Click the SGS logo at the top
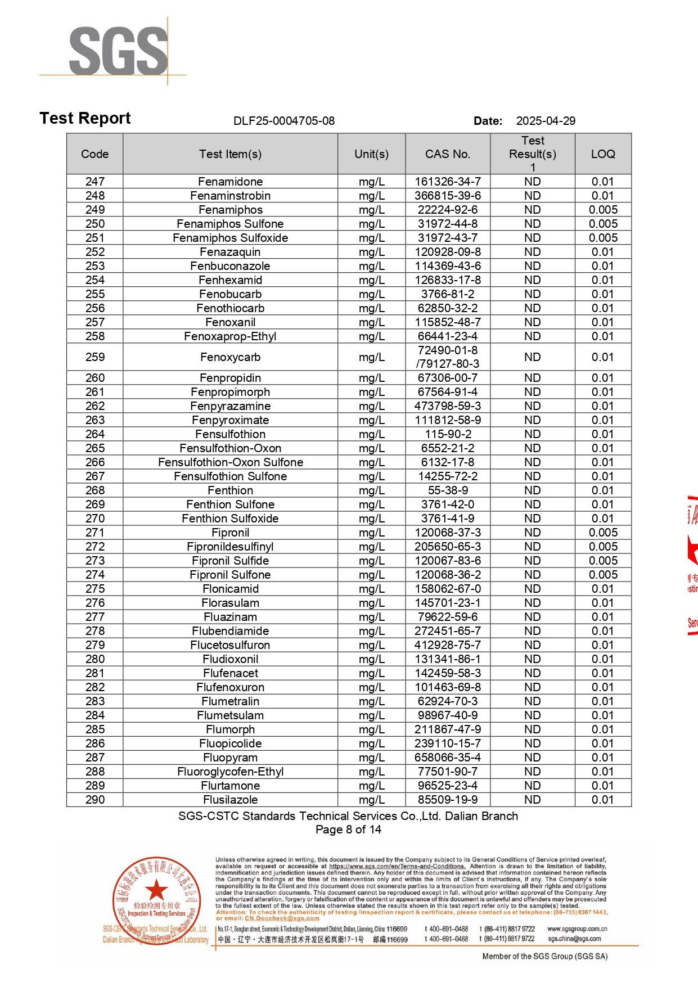(118, 51)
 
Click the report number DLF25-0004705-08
(284, 121)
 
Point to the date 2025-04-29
(546, 121)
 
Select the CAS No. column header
(448, 154)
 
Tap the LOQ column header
(603, 154)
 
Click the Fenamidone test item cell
(230, 182)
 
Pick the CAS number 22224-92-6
(448, 210)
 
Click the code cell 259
(95, 357)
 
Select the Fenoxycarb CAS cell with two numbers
(448, 357)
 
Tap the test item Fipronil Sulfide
(230, 561)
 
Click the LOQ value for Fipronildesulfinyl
(603, 547)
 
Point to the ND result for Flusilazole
(532, 800)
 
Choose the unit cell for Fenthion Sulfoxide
(371, 519)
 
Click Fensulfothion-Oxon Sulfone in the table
(230, 462)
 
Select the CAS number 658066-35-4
(448, 758)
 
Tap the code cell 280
(95, 659)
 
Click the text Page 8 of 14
(348, 830)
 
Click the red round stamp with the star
(157, 900)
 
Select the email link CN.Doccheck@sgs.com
(282, 918)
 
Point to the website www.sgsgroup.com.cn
(577, 929)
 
